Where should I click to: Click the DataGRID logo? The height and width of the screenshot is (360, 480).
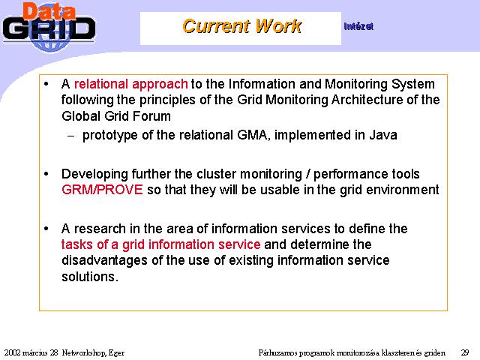click(49, 27)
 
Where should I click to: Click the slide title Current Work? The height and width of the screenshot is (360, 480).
click(241, 26)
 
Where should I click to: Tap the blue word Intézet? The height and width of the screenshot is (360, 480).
click(358, 27)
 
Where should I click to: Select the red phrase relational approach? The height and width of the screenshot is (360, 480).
click(130, 84)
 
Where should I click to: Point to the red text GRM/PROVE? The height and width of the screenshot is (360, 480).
click(102, 190)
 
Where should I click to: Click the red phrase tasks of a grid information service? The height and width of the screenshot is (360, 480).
click(160, 244)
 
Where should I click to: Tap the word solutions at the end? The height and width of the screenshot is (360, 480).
click(90, 277)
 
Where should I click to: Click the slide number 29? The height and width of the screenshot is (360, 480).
click(465, 352)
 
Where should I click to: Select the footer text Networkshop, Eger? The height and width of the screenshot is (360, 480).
click(93, 353)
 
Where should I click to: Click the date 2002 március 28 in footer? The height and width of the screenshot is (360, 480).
click(31, 352)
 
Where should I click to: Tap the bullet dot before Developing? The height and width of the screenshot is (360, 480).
click(46, 174)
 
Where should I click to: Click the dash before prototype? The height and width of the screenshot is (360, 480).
click(71, 136)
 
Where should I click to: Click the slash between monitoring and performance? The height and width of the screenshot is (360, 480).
click(308, 174)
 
